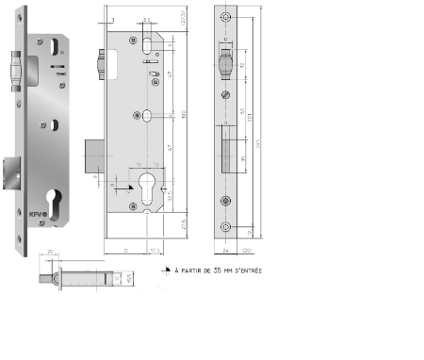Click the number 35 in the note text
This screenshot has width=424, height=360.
coord(205,270)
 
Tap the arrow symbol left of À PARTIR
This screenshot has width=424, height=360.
coord(157,270)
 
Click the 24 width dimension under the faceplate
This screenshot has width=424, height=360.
coord(228,251)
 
